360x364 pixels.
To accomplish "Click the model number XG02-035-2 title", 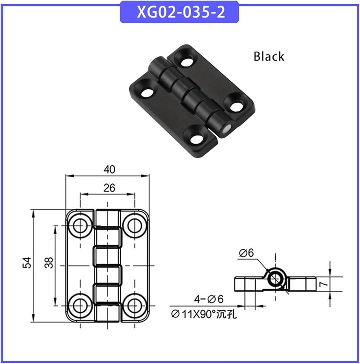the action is pos(181,12).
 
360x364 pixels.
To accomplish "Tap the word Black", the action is pos(269,56).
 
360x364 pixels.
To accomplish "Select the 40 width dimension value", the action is pos(109,170).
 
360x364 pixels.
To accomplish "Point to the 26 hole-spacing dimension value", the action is pos(109,188).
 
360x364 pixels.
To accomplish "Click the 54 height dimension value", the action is pos(27,262).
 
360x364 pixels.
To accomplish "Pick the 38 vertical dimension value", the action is pos(49,262).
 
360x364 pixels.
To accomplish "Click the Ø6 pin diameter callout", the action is pos(246,253).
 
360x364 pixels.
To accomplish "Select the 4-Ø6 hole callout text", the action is pos(208,299).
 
